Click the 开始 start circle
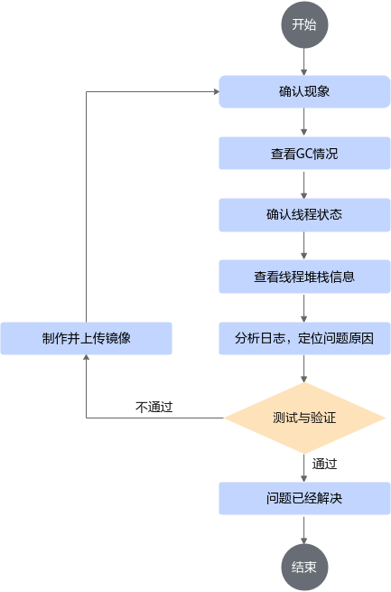304,25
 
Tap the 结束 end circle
304,567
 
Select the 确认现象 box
304,92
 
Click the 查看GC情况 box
304,154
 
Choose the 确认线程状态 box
304,215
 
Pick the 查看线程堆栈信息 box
304,277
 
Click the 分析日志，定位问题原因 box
304,338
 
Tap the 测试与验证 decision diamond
304,418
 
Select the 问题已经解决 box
304,498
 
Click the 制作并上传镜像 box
87,338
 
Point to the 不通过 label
154,407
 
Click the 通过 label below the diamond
324,464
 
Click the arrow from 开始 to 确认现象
304,62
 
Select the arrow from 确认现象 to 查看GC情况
304,122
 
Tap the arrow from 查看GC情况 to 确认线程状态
304,184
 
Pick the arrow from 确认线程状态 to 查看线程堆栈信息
304,246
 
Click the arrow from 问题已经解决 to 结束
304,530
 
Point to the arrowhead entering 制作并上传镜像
87,358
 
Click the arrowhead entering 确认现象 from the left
216,92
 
